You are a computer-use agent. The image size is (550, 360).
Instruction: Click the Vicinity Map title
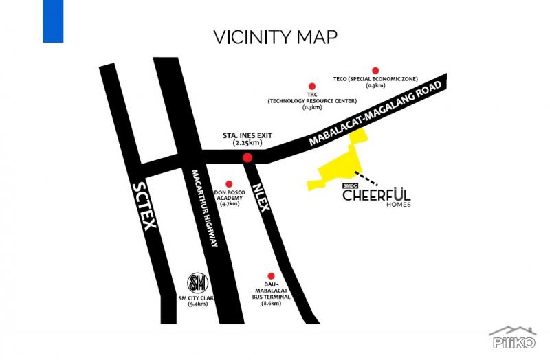pos(275,36)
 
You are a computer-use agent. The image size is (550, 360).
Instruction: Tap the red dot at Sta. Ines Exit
pos(247,158)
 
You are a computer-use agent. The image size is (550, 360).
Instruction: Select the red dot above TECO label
pos(375,70)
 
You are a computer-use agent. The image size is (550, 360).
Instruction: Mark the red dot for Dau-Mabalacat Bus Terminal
pos(272,275)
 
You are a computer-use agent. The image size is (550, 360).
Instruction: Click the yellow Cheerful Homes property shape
pos(337,168)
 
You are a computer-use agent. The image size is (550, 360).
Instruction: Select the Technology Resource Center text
pos(313,101)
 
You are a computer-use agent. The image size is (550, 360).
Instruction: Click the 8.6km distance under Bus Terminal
pos(272,303)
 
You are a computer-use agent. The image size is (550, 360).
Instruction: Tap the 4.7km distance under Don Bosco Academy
pos(230,204)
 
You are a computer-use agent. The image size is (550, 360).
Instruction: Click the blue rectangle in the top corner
pos(53,21)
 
